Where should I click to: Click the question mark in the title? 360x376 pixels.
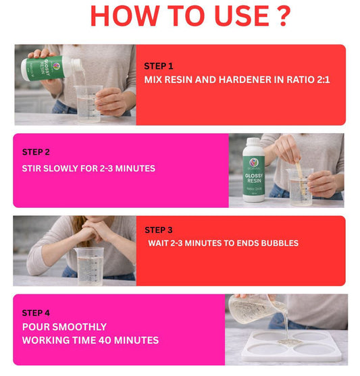coord(283,16)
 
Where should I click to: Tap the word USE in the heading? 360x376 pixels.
coord(242,16)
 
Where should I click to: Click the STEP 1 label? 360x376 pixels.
coord(159,66)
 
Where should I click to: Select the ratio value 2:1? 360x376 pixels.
coord(323,80)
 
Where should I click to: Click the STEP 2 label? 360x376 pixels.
coord(36,152)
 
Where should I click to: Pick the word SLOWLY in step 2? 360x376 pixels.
coord(61,168)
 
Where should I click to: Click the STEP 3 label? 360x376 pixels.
coord(159,230)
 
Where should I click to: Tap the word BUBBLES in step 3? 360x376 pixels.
coord(280,243)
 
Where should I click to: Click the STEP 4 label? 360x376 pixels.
coord(36,313)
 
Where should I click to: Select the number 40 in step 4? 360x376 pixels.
coord(105,340)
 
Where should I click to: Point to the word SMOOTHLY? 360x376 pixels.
coord(80,327)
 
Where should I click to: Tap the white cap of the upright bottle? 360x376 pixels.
coord(253,142)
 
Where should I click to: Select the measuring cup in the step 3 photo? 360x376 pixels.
coord(90,266)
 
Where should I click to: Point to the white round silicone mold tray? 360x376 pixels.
coord(292,346)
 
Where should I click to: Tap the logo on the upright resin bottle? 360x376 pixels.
coord(253,163)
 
